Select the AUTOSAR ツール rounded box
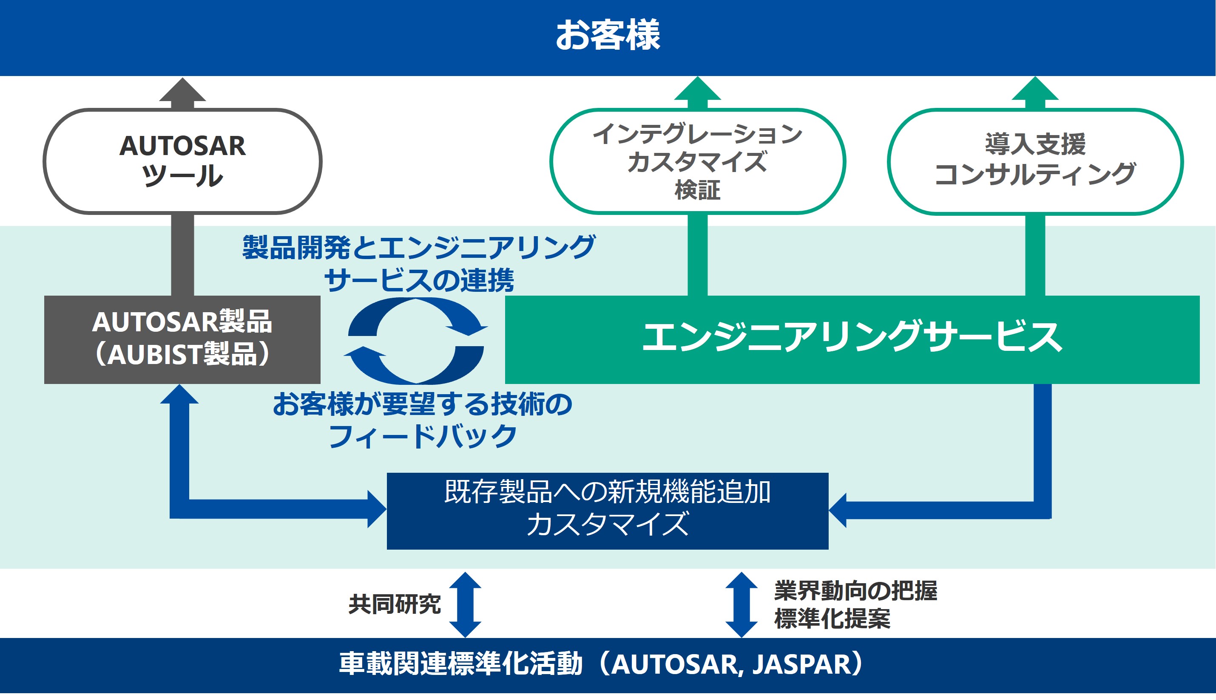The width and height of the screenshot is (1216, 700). click(182, 161)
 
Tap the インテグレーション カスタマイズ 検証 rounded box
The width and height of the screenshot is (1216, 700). click(697, 161)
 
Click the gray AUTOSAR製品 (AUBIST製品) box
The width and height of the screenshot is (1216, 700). click(182, 339)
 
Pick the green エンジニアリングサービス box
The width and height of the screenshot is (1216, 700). click(852, 339)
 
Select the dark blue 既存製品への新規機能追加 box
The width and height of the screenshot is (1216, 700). click(607, 511)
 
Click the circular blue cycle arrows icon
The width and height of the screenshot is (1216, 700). click(416, 340)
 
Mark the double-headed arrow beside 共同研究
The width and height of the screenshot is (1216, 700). click(465, 604)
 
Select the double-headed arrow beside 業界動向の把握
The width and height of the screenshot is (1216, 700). click(742, 604)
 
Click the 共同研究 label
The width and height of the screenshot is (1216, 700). click(395, 604)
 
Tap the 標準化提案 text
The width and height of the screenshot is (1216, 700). click(832, 619)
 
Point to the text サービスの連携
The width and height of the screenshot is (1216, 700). click(419, 280)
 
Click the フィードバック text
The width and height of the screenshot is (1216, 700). click(423, 437)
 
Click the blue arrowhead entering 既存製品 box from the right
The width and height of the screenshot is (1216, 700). click(838, 511)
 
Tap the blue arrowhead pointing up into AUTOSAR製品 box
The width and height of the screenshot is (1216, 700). click(179, 394)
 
